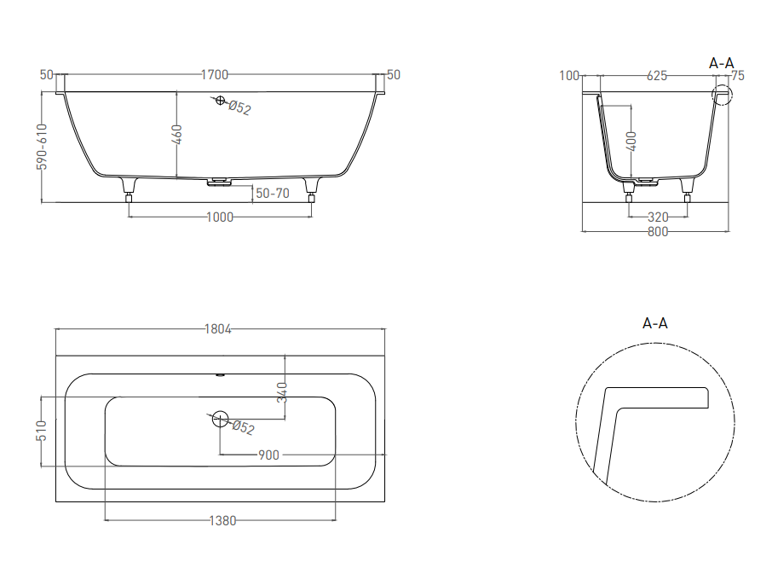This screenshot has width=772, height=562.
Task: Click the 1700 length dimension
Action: click(x=215, y=75)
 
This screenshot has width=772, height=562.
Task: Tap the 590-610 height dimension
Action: click(x=43, y=147)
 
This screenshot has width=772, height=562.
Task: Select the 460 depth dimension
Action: click(x=176, y=135)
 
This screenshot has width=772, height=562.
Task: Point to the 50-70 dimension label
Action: click(x=273, y=193)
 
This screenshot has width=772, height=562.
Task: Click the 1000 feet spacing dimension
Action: click(x=220, y=217)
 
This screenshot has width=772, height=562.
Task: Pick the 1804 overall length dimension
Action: click(x=217, y=329)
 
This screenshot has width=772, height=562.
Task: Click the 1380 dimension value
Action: click(x=222, y=520)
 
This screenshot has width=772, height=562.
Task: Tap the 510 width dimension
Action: click(x=42, y=431)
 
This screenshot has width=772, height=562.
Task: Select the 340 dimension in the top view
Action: click(x=282, y=392)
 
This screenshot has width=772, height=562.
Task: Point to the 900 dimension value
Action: click(x=268, y=455)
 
